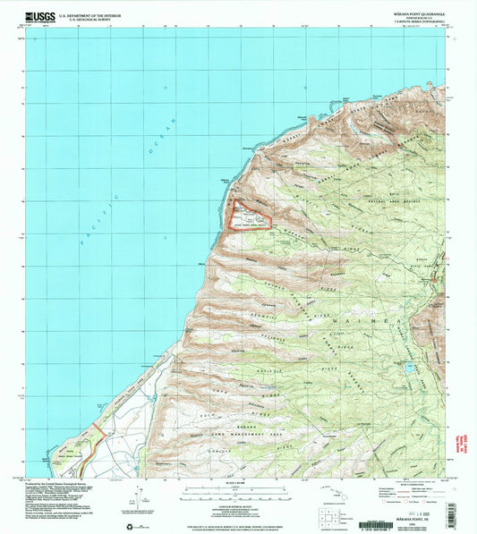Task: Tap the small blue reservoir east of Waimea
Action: (x=408, y=367)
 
